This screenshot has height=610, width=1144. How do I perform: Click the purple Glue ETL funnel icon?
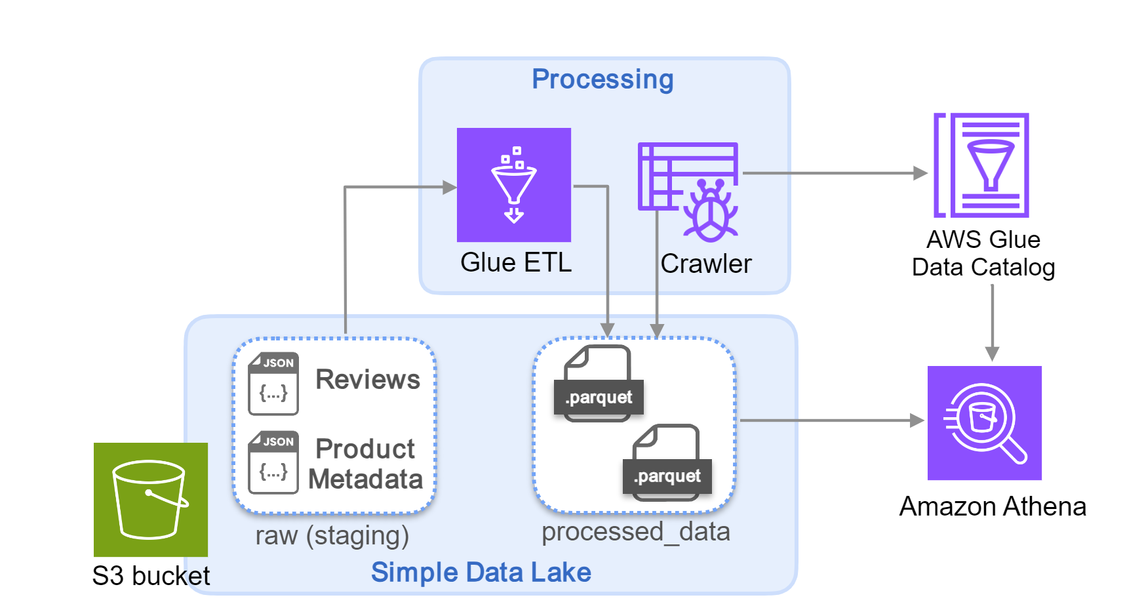pyautogui.click(x=513, y=184)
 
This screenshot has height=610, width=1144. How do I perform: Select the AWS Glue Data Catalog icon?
pyautogui.click(x=981, y=165)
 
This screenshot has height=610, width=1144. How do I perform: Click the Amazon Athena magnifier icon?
pyautogui.click(x=984, y=423)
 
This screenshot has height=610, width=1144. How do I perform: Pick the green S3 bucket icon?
pyautogui.click(x=151, y=499)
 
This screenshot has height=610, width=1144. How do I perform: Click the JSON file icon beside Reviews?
pyautogui.click(x=273, y=384)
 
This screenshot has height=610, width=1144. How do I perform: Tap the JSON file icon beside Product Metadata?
pyautogui.click(x=273, y=462)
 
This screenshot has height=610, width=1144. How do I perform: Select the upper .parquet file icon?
pyautogui.click(x=599, y=384)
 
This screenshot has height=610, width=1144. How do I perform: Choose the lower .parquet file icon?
pyautogui.click(x=667, y=462)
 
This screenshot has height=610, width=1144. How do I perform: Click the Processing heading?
pyautogui.click(x=602, y=79)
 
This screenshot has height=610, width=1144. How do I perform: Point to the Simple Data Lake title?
pyautogui.click(x=481, y=572)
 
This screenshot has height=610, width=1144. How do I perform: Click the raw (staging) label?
pyautogui.click(x=332, y=535)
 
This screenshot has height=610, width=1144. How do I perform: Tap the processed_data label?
pyautogui.click(x=635, y=531)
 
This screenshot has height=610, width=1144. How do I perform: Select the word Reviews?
pyautogui.click(x=368, y=379)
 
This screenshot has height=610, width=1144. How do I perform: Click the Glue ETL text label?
pyautogui.click(x=516, y=262)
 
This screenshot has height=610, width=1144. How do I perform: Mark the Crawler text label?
pyautogui.click(x=706, y=264)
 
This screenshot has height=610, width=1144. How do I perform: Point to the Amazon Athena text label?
pyautogui.click(x=993, y=506)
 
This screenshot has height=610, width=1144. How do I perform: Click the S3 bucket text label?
pyautogui.click(x=151, y=576)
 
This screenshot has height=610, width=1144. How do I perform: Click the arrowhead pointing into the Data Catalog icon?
pyautogui.click(x=920, y=173)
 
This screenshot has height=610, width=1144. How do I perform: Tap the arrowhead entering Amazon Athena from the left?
pyautogui.click(x=917, y=420)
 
